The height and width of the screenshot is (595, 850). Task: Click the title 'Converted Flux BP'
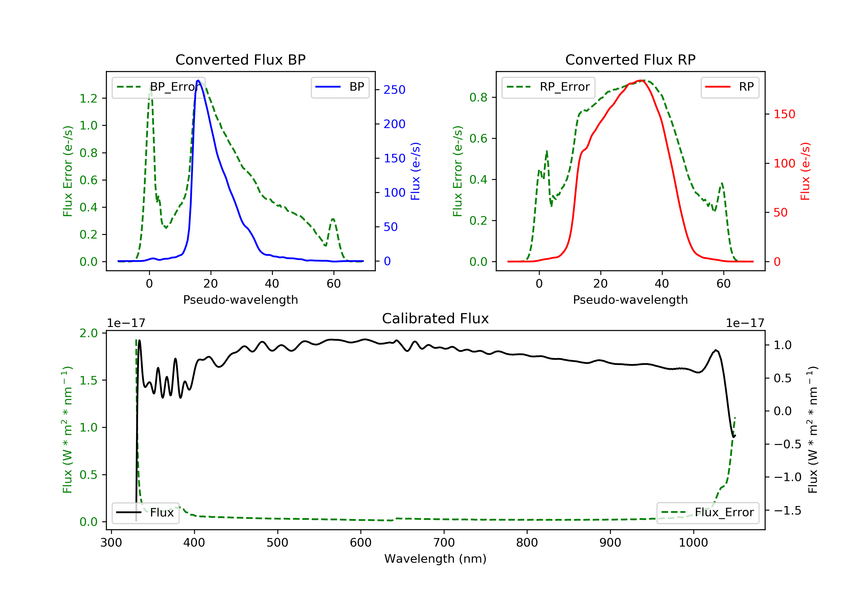(240, 59)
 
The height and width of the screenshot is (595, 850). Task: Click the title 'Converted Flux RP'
(630, 59)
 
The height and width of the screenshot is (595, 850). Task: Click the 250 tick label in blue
(394, 90)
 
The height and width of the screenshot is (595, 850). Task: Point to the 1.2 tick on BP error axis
(88, 99)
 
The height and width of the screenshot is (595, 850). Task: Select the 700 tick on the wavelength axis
(444, 543)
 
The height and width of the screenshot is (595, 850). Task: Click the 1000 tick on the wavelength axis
(693, 543)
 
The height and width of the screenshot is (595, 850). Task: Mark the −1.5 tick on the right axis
(787, 511)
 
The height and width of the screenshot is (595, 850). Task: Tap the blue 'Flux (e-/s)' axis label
(415, 171)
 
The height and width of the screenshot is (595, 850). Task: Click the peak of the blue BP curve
(198, 80)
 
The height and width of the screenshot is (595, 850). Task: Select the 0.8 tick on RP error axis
(478, 97)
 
